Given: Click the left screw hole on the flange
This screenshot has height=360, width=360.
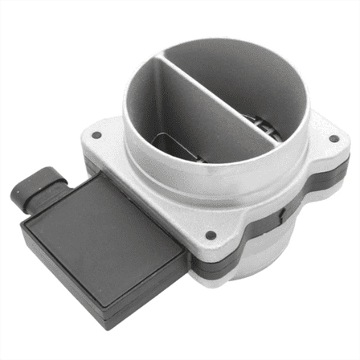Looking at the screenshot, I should [x=96, y=135].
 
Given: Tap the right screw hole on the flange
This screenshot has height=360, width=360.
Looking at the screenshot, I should [x=334, y=137].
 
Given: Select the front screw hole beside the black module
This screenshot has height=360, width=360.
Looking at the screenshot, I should [x=211, y=235].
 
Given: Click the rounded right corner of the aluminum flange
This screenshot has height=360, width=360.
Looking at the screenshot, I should [x=342, y=153].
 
